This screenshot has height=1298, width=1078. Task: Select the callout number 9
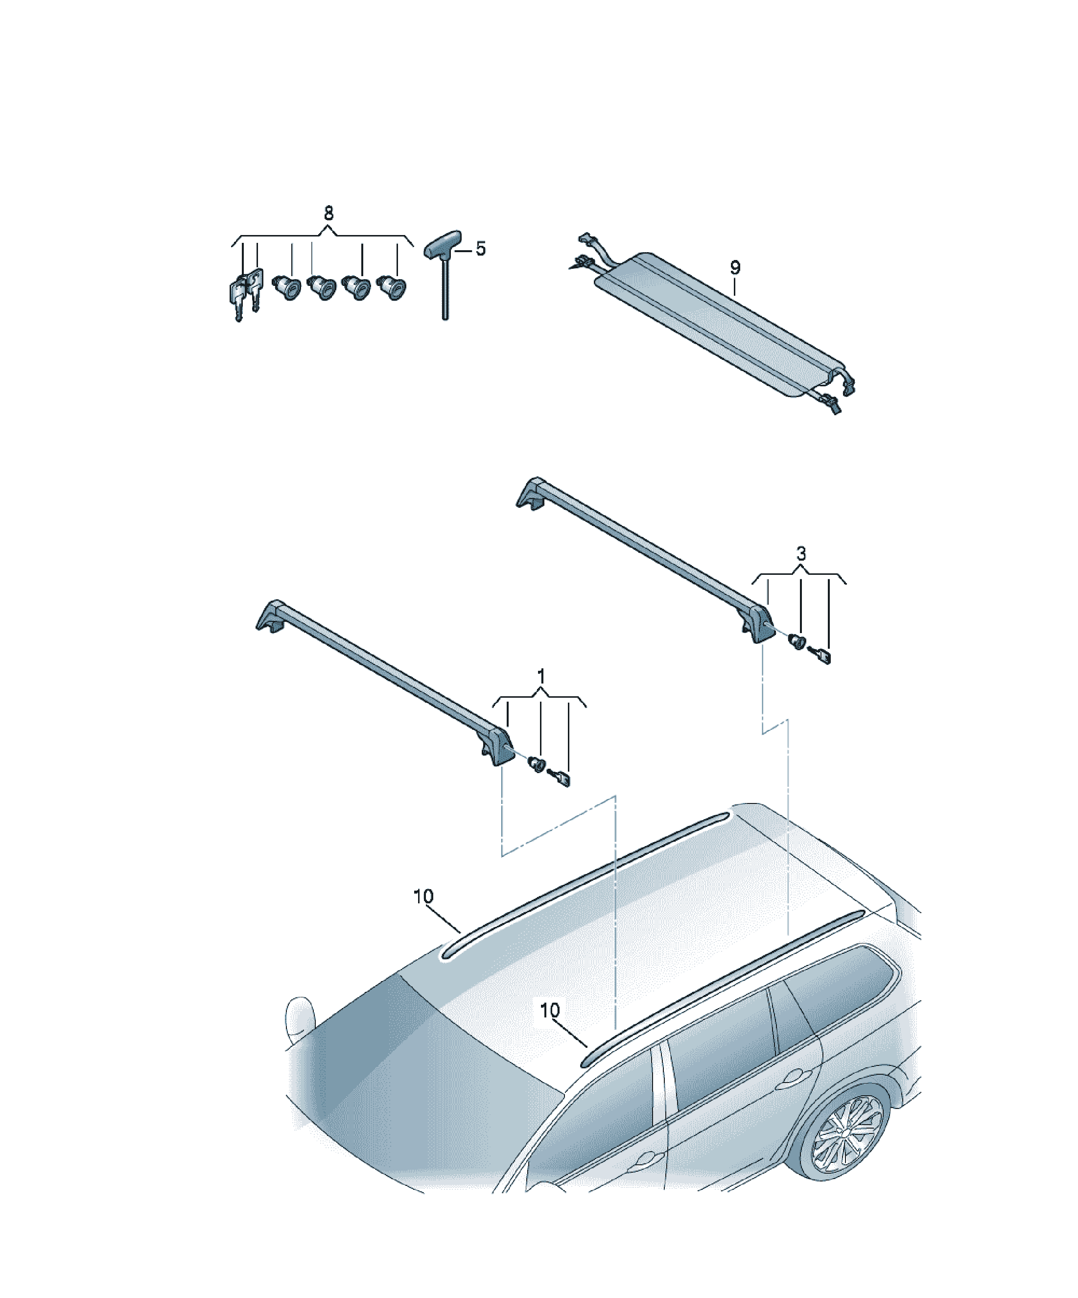click(734, 268)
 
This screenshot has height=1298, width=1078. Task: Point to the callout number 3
click(801, 554)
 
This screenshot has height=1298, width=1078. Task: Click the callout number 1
click(541, 676)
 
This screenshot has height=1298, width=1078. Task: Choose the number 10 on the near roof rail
click(549, 1010)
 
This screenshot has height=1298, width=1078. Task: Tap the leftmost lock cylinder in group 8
click(286, 287)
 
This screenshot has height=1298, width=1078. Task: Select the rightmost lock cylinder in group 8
click(391, 287)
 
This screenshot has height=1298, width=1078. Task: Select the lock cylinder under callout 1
click(536, 765)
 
